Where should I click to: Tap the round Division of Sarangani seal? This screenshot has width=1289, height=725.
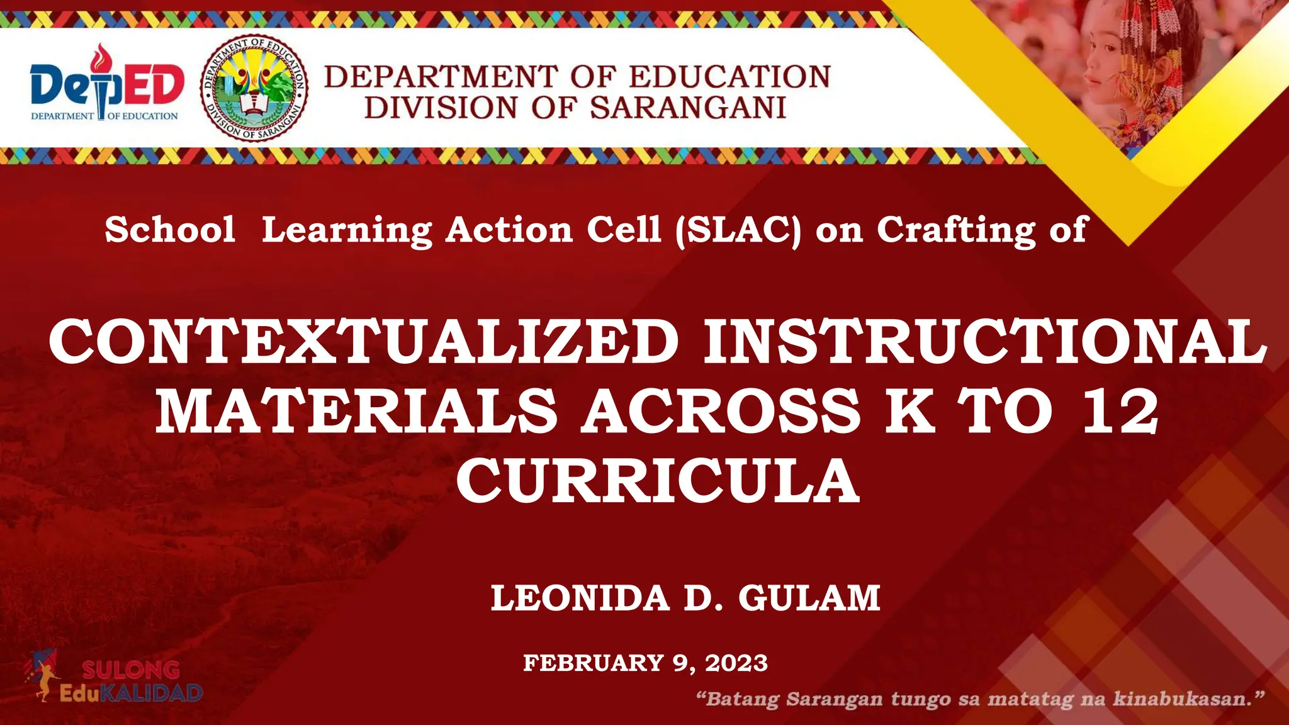pyautogui.click(x=254, y=88)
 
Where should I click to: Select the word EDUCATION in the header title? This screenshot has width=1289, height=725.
pyautogui.click(x=730, y=77)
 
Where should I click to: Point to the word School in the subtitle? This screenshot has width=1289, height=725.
pyautogui.click(x=170, y=229)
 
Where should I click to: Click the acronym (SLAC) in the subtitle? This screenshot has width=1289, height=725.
pyautogui.click(x=738, y=230)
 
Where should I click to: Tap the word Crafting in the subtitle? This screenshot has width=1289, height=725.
pyautogui.click(x=956, y=230)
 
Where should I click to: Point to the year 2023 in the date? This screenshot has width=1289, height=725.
pyautogui.click(x=736, y=663)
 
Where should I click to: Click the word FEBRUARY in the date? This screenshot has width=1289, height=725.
pyautogui.click(x=594, y=663)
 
